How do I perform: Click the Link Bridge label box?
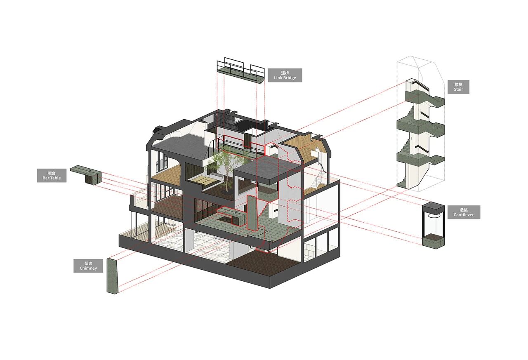(285, 75)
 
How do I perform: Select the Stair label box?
(458, 87)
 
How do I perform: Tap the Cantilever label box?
(464, 212)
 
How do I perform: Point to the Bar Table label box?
(52, 175)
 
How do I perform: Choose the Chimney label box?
(88, 265)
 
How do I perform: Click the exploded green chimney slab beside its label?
(113, 276)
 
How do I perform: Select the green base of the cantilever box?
(433, 241)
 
